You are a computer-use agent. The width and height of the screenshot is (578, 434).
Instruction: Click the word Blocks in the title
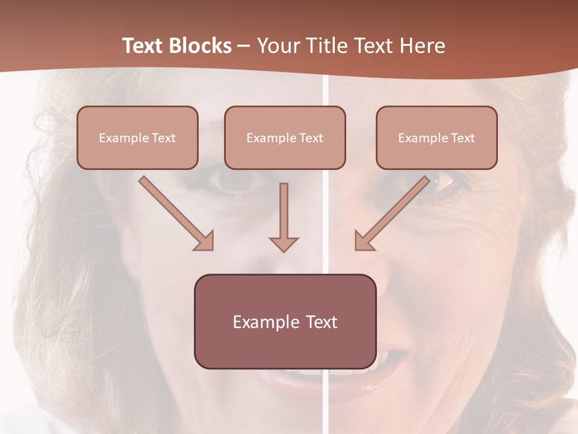point(200,46)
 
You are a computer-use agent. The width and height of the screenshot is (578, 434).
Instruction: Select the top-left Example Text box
point(137,137)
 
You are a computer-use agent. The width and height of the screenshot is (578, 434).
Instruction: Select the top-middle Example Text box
point(285,137)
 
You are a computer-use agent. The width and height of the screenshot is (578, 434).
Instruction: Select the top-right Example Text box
point(437,137)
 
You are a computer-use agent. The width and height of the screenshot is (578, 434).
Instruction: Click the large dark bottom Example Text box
point(285,321)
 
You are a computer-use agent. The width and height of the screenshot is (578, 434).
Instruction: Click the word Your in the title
point(277,46)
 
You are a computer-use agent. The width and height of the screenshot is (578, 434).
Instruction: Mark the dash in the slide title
point(244,46)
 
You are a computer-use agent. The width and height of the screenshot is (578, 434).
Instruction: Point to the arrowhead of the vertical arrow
point(284,243)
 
